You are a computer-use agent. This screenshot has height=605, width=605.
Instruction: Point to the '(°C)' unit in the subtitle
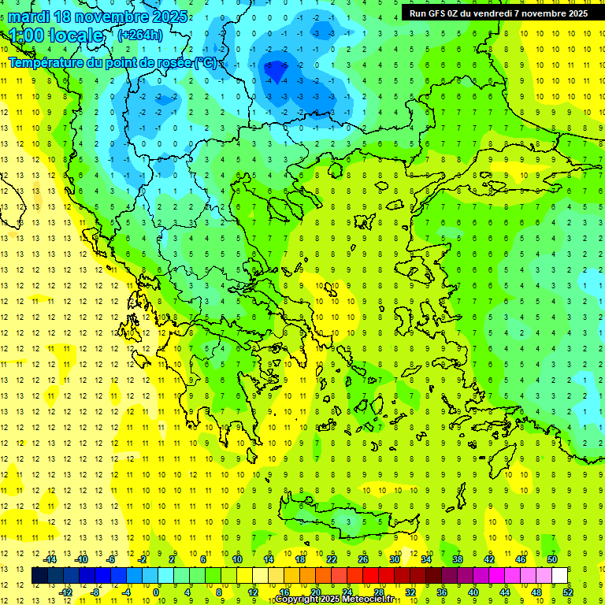(x=207, y=62)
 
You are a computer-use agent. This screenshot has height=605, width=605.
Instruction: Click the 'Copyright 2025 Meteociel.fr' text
(x=335, y=599)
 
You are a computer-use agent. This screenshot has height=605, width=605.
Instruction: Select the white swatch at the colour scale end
(x=560, y=576)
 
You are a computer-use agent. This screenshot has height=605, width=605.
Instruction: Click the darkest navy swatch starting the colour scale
(x=39, y=576)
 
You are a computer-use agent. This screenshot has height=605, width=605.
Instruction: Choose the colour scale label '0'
(x=157, y=592)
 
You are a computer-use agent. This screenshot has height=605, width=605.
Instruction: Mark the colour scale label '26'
(x=363, y=559)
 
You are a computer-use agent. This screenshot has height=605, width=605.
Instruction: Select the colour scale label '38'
(x=458, y=559)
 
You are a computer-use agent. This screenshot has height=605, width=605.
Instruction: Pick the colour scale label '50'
(x=552, y=559)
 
